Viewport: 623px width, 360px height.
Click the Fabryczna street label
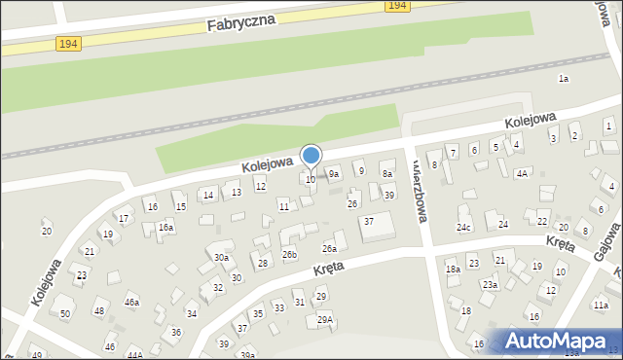pos(241,19)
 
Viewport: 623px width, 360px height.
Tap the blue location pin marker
pos(311,157)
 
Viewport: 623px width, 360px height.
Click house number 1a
pos(563,78)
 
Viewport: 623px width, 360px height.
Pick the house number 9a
pos(334,174)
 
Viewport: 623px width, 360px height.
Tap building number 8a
pos(386,174)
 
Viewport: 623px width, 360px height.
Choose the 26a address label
pos(330,249)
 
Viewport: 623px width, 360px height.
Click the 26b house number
pos(289,254)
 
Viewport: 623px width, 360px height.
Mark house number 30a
pos(222,258)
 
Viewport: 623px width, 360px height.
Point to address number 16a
pos(166,227)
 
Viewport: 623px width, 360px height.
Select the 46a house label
pos(131,303)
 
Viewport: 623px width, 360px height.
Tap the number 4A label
pos(522,173)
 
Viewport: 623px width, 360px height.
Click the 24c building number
pos(464,228)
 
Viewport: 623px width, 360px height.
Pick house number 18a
pos(453,270)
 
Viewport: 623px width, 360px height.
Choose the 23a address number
pos(491,285)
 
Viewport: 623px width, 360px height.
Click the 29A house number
pos(325,319)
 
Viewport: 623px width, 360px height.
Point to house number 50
pos(65,313)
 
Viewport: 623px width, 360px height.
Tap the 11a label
pos(601,306)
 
